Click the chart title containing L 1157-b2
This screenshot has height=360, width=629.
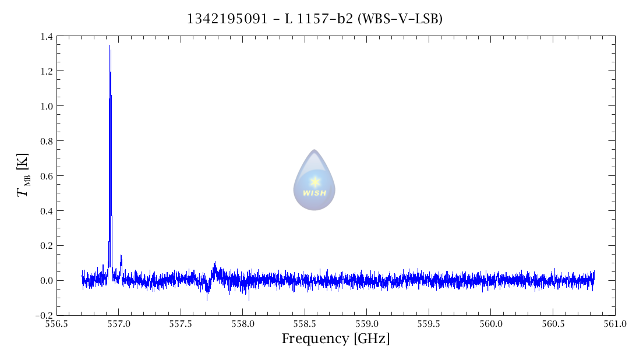click(314, 19)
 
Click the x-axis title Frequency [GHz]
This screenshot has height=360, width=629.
click(335, 339)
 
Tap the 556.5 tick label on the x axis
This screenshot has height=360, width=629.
click(56, 324)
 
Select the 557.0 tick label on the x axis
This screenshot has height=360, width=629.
click(118, 324)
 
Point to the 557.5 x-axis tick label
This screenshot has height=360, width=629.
click(181, 324)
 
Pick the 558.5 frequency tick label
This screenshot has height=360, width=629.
click(305, 324)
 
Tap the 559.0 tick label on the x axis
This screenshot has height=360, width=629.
click(366, 324)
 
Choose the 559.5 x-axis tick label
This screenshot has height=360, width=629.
click(429, 324)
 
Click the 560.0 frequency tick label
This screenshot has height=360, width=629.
click(490, 324)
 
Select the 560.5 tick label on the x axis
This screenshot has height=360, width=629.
click(553, 324)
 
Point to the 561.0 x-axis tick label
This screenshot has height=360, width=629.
click(614, 324)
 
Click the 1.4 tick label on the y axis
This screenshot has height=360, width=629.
click(46, 37)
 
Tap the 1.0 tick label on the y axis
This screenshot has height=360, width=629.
click(46, 106)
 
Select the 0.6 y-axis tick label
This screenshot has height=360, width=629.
click(46, 176)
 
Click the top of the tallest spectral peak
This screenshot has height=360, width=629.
click(109, 46)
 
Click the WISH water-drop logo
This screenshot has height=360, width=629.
click(314, 181)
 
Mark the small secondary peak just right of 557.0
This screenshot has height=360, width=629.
click(121, 256)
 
